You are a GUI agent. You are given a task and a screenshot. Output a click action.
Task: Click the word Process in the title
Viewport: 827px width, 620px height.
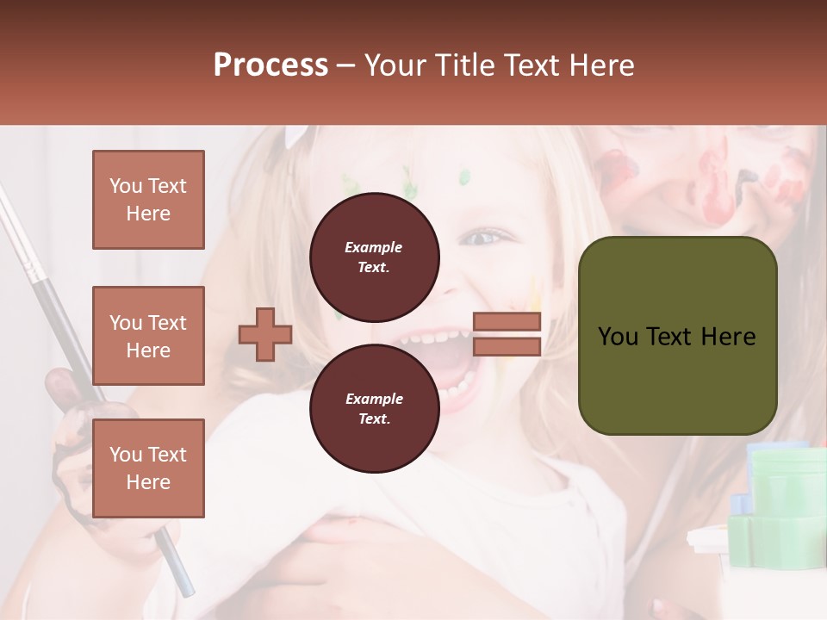tap(270, 65)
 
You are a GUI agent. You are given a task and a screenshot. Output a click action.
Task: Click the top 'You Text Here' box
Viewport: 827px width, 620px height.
tap(148, 200)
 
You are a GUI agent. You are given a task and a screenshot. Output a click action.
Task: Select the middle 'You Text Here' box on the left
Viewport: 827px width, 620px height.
tap(148, 336)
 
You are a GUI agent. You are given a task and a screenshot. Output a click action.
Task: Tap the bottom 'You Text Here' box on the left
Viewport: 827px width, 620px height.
tap(148, 468)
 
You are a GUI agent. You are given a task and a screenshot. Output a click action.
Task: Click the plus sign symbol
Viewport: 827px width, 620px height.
tap(265, 334)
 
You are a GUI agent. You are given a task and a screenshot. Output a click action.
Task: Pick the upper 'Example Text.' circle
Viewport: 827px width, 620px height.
tap(374, 257)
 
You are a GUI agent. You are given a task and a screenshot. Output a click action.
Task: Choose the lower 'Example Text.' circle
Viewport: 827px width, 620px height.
tap(374, 408)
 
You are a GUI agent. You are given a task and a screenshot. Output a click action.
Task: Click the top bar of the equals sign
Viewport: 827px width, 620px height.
tap(507, 321)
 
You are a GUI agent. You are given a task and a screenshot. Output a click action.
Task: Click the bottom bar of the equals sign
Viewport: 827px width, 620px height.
tap(507, 346)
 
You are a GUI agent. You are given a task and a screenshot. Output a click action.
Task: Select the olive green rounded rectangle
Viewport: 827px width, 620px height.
tap(677, 336)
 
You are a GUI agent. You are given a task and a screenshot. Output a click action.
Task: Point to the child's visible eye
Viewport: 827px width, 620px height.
tap(488, 237)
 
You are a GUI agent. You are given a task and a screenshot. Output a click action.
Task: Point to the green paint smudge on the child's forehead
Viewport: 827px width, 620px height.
tap(465, 178)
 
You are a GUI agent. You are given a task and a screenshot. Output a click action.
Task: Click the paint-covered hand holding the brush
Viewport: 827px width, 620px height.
tap(73, 431)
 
